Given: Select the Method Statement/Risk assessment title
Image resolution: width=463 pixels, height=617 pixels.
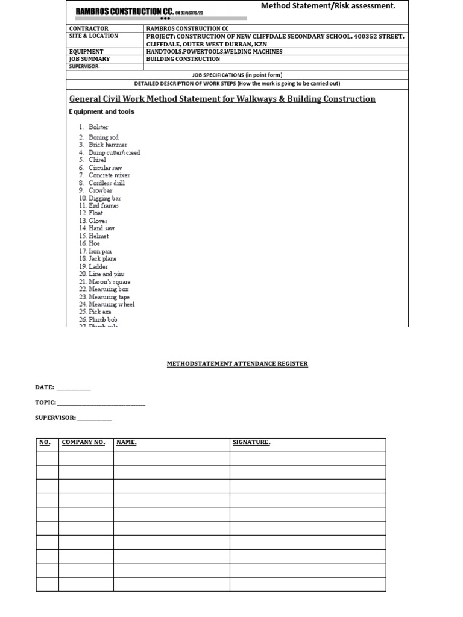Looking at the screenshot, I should (x=328, y=6).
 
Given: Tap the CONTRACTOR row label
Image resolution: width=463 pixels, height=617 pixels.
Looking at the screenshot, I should (x=89, y=28).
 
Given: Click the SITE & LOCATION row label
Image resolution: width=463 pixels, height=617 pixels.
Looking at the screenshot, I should (x=93, y=36).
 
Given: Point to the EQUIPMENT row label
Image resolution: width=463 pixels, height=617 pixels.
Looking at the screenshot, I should (x=86, y=52).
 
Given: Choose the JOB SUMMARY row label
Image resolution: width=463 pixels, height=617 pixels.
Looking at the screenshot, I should (x=90, y=59).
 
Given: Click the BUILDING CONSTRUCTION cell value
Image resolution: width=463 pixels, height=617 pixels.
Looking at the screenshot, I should (x=183, y=59).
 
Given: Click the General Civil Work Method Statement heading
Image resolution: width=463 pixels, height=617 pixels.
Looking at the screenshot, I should (x=222, y=99).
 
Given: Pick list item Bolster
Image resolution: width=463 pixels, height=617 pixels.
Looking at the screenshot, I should (x=98, y=127).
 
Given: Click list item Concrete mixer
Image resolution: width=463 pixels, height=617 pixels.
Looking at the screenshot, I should (x=109, y=175).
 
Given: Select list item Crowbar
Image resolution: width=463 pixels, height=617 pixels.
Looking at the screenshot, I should (x=100, y=190).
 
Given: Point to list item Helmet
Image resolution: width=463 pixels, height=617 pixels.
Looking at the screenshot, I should (x=98, y=236).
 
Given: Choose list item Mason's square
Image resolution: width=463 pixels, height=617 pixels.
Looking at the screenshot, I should (x=109, y=281).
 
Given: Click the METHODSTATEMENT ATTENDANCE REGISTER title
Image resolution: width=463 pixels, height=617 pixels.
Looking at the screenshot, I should (x=237, y=364).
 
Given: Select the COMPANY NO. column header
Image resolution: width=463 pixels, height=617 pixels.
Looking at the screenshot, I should (x=83, y=443).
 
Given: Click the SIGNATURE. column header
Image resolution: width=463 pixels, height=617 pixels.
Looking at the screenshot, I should (x=251, y=443).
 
